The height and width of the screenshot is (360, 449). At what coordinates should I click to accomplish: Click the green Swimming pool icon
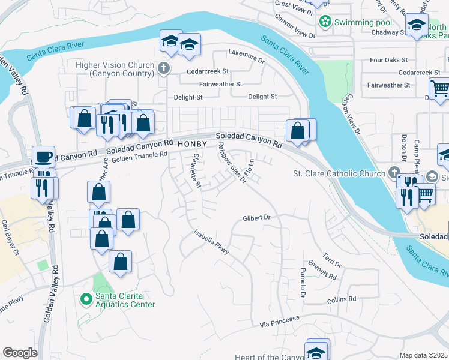325,22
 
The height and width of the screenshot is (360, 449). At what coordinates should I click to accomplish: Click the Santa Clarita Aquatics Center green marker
86,298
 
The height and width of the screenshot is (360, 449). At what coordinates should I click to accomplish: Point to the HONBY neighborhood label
192,145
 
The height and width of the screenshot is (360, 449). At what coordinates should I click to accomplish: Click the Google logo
20,353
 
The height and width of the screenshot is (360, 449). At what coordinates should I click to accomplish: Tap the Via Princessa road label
279,322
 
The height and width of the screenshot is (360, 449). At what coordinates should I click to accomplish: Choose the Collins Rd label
342,299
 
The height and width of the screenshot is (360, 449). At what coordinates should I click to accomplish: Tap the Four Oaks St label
388,60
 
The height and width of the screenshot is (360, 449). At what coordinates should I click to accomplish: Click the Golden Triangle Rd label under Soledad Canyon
139,155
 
